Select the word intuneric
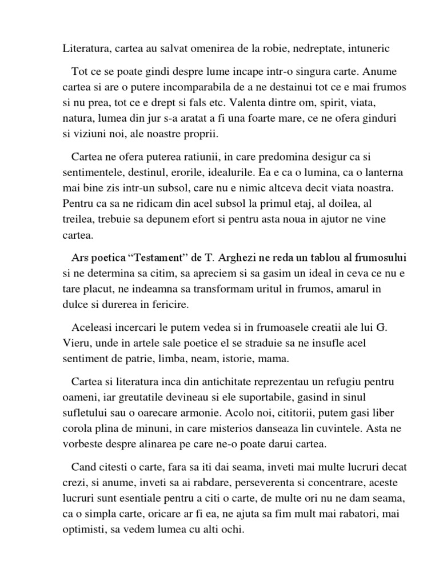coord(367,49)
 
